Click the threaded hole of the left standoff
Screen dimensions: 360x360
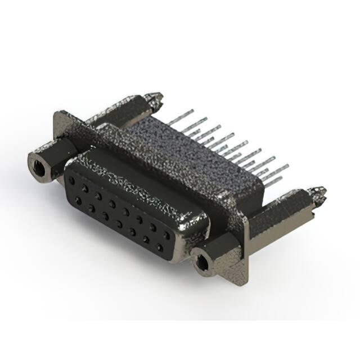click(38, 166)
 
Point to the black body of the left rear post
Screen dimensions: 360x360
click(124, 110)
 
